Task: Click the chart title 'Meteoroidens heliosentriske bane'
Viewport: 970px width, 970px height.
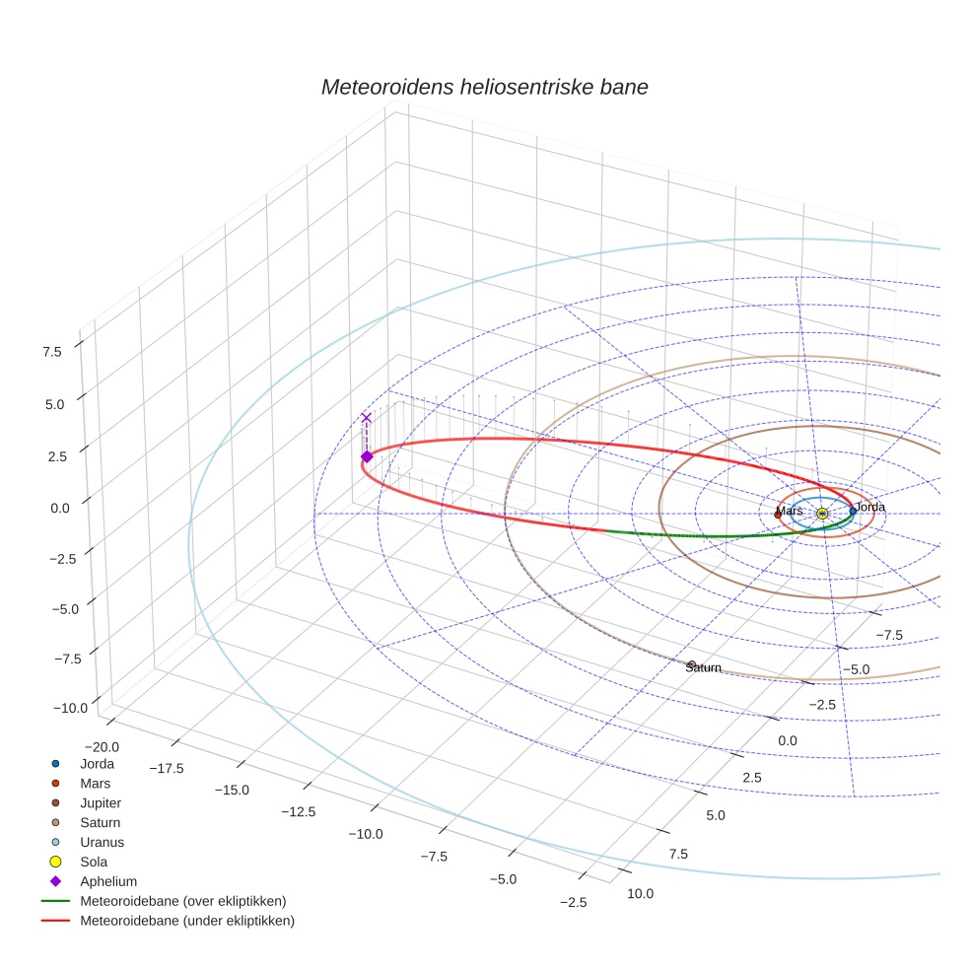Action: (484, 87)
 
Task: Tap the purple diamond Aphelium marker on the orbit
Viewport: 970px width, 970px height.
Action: (367, 456)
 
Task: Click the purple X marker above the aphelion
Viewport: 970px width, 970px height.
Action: (367, 418)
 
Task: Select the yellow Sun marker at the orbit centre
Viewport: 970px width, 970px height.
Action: (822, 514)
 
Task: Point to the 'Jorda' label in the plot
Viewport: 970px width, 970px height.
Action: (869, 507)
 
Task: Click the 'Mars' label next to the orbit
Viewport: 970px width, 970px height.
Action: (789, 511)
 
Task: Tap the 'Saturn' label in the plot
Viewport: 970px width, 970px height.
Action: (704, 667)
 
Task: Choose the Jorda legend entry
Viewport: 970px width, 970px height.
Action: (97, 764)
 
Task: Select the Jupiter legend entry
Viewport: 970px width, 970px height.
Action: (101, 803)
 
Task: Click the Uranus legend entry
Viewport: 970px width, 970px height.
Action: (102, 843)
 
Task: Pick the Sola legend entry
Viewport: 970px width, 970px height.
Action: (94, 863)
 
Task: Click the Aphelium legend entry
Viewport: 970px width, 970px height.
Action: (107, 882)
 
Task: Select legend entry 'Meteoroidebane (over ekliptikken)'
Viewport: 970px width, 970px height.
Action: (182, 902)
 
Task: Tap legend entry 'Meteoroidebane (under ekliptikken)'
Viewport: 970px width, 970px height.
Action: (186, 922)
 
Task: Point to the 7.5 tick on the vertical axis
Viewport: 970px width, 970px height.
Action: (52, 351)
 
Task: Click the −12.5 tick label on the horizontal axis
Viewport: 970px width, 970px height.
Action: (299, 811)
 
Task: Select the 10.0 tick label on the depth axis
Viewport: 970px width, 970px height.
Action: (639, 893)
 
